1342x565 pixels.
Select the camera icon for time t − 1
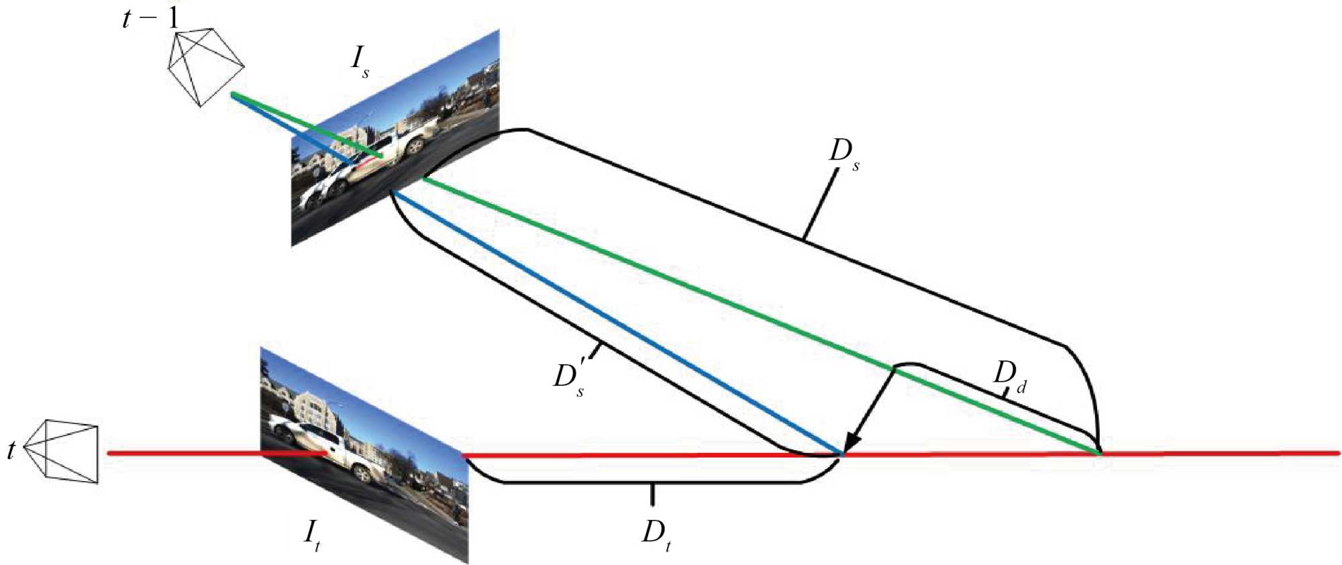[204, 66]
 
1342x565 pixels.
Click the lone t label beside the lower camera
[11, 450]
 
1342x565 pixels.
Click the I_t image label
[312, 535]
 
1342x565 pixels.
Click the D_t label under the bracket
[656, 535]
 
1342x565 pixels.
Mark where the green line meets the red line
[1099, 454]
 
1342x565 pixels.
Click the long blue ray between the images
[617, 322]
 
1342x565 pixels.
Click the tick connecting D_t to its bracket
[652, 495]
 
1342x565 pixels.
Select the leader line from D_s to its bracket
[820, 205]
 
